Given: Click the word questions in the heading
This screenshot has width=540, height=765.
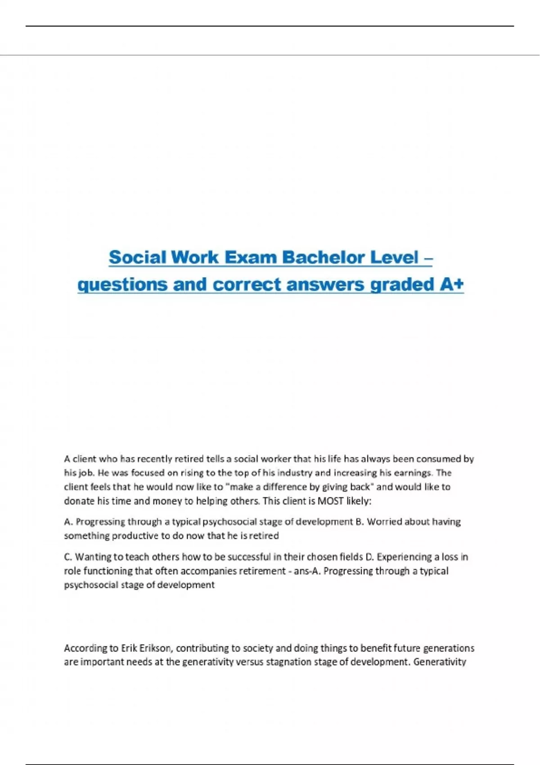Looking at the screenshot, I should click(x=122, y=284).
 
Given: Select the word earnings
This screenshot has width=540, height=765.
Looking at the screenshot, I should click(x=412, y=473).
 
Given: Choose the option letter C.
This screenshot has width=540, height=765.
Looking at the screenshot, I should click(x=68, y=557).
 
